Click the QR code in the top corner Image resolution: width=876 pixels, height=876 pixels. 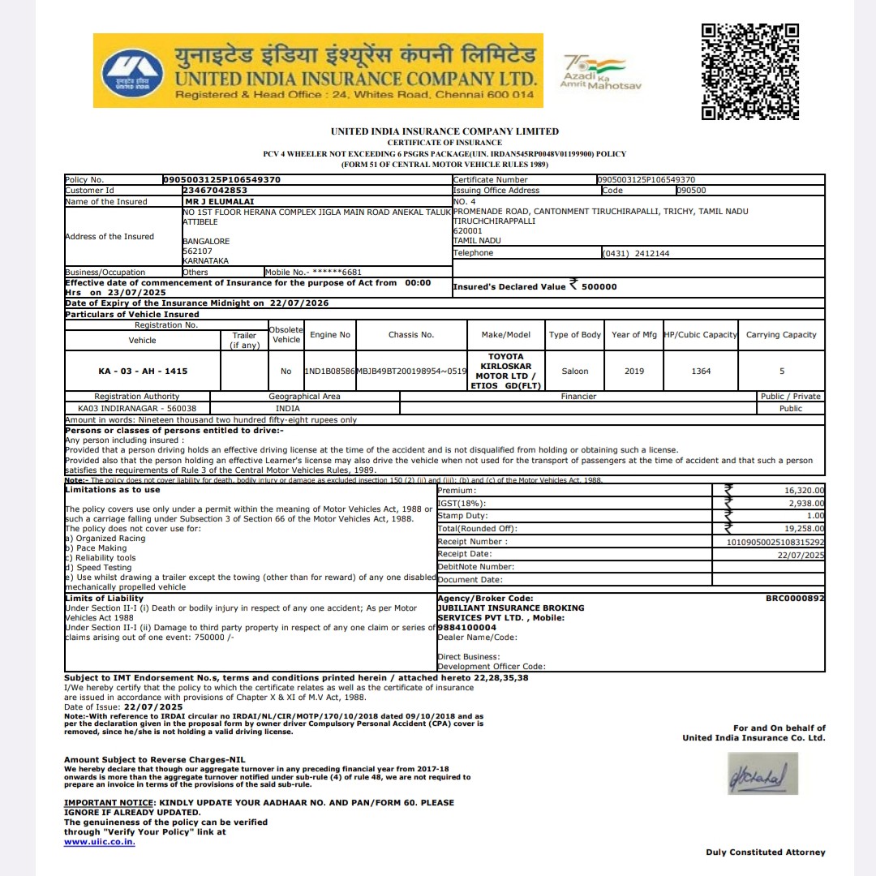click(750, 71)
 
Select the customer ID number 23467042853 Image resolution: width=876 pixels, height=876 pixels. click(215, 191)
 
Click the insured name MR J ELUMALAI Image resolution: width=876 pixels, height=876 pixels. click(214, 201)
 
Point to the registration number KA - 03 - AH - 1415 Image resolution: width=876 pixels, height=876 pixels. click(143, 371)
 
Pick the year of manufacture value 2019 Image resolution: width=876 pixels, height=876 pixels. click(634, 371)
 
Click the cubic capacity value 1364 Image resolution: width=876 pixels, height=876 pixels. click(701, 371)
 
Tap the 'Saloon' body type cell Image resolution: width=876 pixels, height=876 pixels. click(574, 371)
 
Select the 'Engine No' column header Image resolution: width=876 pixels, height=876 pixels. click(330, 335)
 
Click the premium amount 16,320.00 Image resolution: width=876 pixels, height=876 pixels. click(804, 491)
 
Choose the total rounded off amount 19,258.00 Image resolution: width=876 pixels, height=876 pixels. click(804, 529)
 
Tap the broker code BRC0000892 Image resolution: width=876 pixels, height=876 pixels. click(795, 599)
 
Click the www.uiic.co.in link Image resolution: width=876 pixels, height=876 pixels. click(100, 842)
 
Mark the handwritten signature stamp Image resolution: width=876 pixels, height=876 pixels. click(762, 775)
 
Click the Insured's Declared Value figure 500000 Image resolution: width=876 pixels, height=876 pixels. click(599, 287)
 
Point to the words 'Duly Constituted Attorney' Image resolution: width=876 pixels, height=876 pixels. click(765, 852)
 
